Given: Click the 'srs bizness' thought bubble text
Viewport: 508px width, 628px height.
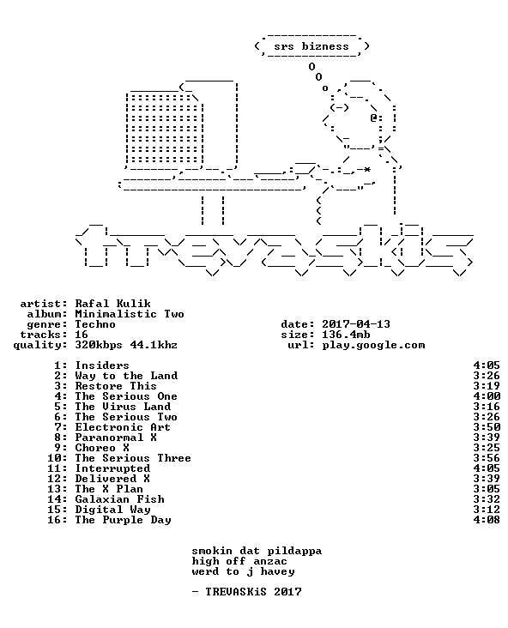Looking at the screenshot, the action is coord(311,46).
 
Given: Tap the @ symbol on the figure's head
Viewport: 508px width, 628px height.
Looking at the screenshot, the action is coord(373,118).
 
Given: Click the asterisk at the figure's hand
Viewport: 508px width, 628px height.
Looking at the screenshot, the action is coord(366,169).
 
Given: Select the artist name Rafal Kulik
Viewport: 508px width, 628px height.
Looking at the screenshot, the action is coord(113,304).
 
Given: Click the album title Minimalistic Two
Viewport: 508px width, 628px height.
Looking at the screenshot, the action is coord(130,314).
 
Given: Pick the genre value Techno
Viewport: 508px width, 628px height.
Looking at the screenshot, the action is coord(95,324).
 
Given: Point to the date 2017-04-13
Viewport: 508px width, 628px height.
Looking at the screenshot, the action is coord(356,324).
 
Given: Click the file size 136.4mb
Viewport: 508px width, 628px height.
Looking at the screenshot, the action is coord(346,335).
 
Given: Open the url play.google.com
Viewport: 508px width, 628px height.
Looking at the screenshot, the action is coord(373,345).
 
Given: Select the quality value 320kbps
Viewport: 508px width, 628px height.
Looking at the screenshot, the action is coord(99,345).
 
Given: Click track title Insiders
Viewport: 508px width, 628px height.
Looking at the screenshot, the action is coord(102,365).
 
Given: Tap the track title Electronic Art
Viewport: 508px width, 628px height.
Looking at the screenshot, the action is coord(123,427).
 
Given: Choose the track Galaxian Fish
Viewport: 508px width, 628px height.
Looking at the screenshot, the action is coord(120,499).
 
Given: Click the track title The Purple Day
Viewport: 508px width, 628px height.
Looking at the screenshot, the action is coord(123,520).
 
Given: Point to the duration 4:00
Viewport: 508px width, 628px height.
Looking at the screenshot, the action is coord(487,396).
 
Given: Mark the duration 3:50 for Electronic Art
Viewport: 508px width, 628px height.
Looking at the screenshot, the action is coord(487,427).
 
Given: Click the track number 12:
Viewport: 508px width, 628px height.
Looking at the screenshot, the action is coord(57,479).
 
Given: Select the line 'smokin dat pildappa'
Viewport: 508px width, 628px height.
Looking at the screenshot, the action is coord(257,552).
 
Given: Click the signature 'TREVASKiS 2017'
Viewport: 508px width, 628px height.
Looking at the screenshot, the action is coord(253,592).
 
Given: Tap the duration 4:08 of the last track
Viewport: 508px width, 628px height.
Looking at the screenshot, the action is coord(487,520).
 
